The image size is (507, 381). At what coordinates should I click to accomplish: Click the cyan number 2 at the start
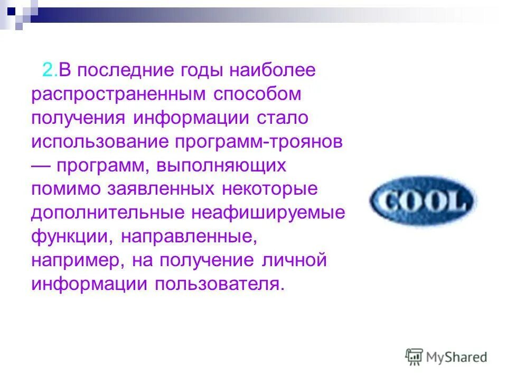coord(48,71)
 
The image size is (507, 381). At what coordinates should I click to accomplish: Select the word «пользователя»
coord(220,284)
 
